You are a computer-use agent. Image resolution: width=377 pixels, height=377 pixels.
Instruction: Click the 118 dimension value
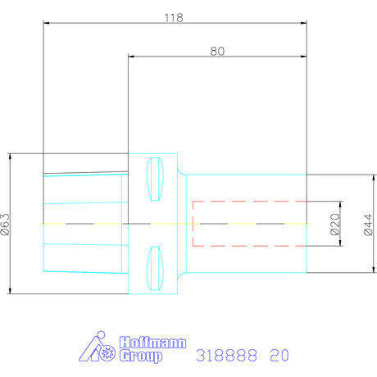[x=174, y=18]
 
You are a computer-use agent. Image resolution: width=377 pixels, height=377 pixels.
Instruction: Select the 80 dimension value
[x=217, y=51]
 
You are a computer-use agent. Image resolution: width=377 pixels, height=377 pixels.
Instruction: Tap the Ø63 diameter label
[x=6, y=224]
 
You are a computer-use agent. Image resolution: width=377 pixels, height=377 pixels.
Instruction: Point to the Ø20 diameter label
[x=334, y=224]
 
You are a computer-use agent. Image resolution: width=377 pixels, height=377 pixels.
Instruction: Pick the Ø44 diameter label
[x=368, y=225]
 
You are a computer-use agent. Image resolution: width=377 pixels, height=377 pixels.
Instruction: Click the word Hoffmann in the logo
[x=153, y=343]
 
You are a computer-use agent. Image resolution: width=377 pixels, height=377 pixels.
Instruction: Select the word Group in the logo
[x=141, y=357]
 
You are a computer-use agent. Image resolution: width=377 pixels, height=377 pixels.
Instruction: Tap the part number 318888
[x=226, y=355]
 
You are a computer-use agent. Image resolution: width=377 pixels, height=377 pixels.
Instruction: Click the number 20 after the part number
[x=279, y=355]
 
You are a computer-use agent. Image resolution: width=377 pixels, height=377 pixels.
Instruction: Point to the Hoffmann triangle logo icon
[x=97, y=347]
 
